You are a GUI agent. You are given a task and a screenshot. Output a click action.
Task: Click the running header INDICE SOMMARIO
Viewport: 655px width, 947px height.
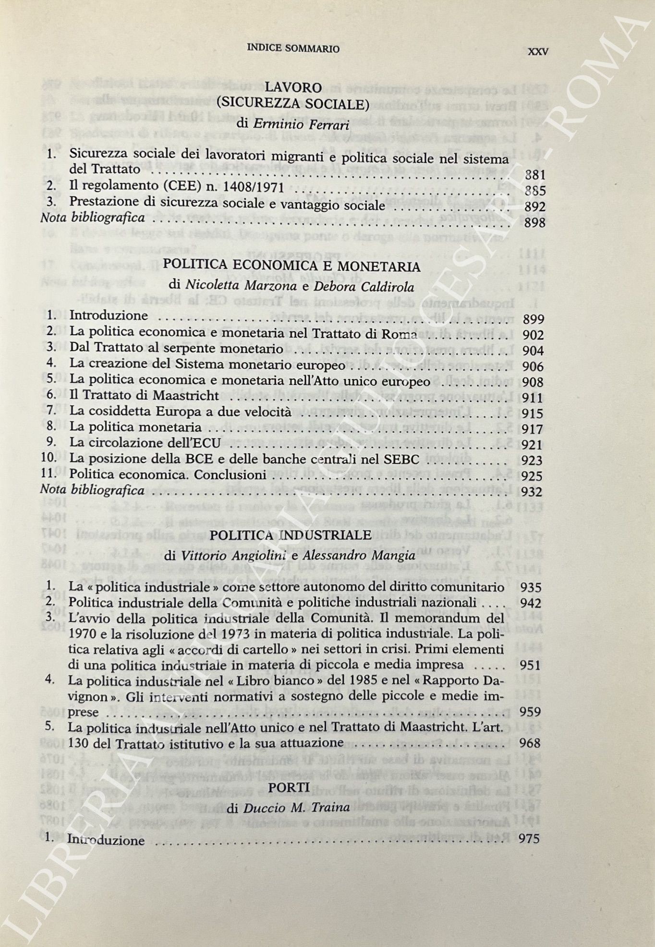(293, 49)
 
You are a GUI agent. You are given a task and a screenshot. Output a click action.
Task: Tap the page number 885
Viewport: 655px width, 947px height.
(534, 191)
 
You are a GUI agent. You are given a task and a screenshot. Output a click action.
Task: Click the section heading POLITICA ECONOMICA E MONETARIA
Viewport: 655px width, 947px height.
(292, 267)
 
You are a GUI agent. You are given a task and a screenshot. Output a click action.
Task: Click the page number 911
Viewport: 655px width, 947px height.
(533, 398)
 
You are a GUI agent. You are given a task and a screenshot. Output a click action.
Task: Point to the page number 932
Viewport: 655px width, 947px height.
(533, 492)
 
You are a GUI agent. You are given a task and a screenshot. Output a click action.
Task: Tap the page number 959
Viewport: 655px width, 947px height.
(530, 712)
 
